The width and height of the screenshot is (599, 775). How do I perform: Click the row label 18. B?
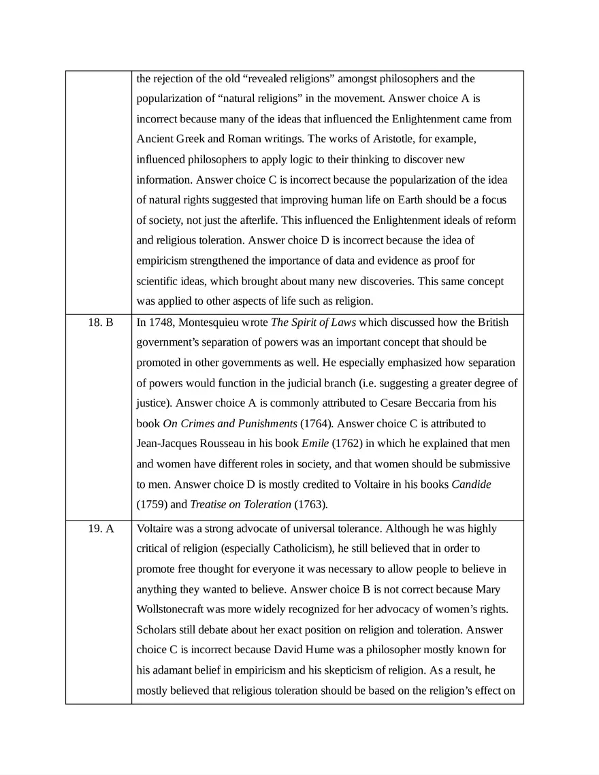pos(101,322)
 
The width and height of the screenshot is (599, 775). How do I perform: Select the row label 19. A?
pos(101,529)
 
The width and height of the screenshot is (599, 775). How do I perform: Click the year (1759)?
pos(152,505)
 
